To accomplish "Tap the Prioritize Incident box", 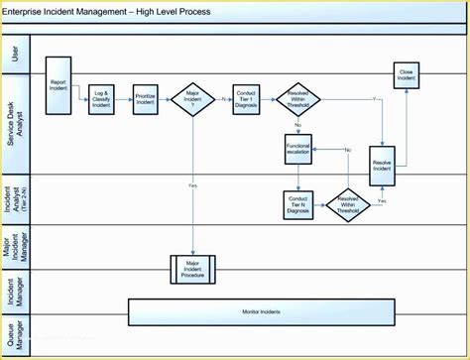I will click(147, 100).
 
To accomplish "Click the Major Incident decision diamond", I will click(193, 100).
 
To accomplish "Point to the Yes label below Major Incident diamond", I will click(193, 185).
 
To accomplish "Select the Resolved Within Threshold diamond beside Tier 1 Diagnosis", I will click(298, 100).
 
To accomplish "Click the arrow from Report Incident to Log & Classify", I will click(79, 95).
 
